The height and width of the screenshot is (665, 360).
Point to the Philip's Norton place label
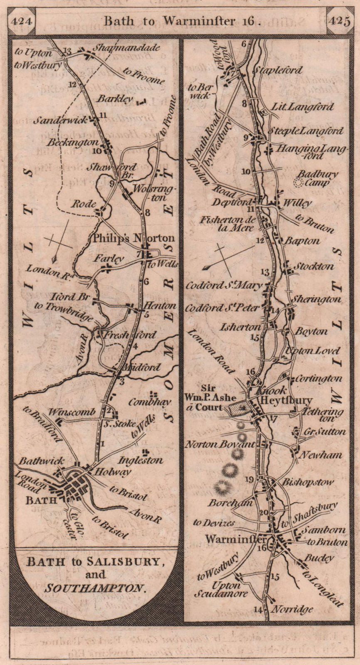click(133, 239)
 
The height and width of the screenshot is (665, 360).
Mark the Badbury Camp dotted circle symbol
click(298, 182)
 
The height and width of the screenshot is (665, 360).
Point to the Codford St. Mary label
click(224, 285)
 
